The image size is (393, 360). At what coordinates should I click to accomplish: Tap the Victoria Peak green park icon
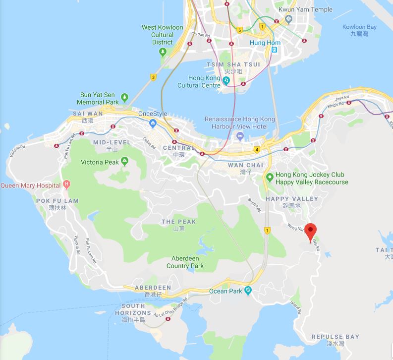click(x=124, y=161)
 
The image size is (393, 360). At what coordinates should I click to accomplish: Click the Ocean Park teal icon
click(x=248, y=291)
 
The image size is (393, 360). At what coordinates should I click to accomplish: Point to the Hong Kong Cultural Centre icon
click(x=226, y=79)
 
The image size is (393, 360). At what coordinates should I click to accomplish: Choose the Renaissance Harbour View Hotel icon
click(x=240, y=136)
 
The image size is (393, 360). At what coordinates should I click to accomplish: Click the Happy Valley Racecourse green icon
click(x=270, y=177)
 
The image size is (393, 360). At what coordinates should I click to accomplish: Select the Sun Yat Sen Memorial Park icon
click(x=125, y=97)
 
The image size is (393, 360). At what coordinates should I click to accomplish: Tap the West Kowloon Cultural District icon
click(x=161, y=53)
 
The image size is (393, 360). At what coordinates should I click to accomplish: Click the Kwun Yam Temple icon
click(x=287, y=19)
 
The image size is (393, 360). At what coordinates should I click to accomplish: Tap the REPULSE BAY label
click(x=335, y=337)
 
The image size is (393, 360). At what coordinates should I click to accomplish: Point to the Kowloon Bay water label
click(x=359, y=27)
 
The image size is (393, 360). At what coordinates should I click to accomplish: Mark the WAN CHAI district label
click(x=245, y=165)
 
